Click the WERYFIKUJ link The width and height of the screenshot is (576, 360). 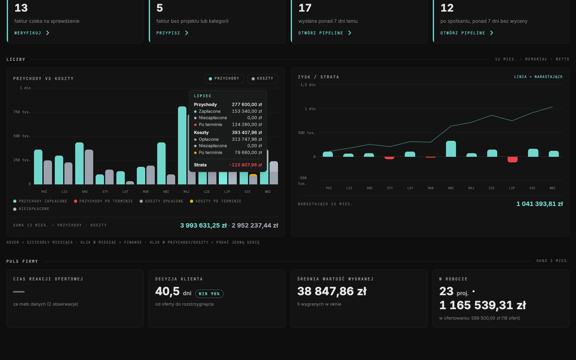pyautogui.click(x=32, y=33)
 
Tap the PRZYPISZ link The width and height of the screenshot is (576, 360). pyautogui.click(x=172, y=33)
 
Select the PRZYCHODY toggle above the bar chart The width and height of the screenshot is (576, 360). pyautogui.click(x=224, y=79)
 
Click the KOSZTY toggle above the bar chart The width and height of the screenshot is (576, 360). pyautogui.click(x=262, y=79)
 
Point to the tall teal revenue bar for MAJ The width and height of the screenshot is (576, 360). pyautogui.click(x=182, y=145)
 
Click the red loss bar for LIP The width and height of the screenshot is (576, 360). pyautogui.click(x=512, y=160)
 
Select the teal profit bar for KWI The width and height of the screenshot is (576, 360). pyautogui.click(x=451, y=149)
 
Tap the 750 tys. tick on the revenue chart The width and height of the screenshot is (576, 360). pyautogui.click(x=22, y=112)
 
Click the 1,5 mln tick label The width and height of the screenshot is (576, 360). pyautogui.click(x=308, y=85)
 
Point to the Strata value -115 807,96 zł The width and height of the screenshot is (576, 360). pyautogui.click(x=246, y=165)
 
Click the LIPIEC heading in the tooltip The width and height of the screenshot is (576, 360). pyautogui.click(x=203, y=96)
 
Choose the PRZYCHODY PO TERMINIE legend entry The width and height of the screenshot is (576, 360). pyautogui.click(x=103, y=201)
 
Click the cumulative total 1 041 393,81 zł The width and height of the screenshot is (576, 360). pyautogui.click(x=540, y=204)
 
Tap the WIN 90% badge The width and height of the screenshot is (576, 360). pyautogui.click(x=209, y=294)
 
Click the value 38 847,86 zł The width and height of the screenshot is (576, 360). pyautogui.click(x=332, y=291)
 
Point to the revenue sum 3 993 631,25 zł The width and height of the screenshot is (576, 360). pyautogui.click(x=203, y=226)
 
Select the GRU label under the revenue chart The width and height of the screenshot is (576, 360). pyautogui.click(x=85, y=192)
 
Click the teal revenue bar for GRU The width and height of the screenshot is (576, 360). pyautogui.click(x=79, y=163)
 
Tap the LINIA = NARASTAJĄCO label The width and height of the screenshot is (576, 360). pyautogui.click(x=538, y=77)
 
